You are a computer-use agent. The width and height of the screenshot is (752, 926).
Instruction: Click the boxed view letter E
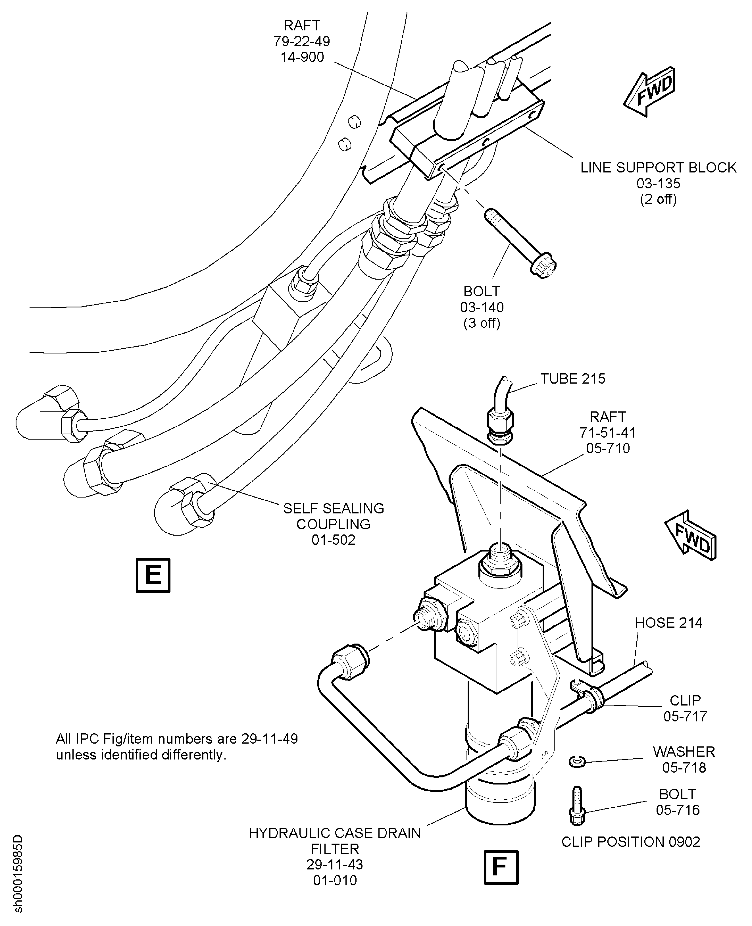click(x=153, y=575)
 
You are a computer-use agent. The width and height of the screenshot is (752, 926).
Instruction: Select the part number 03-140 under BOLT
click(x=482, y=307)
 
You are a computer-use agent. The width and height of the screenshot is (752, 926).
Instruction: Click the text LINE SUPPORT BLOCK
click(x=658, y=167)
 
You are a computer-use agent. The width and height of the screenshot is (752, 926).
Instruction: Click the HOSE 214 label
click(x=668, y=623)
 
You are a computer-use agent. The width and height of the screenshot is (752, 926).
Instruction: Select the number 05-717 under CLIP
click(x=685, y=716)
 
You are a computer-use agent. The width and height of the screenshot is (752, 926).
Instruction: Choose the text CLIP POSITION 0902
click(x=630, y=842)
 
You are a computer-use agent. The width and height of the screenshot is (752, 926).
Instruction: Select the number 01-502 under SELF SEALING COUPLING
click(x=334, y=540)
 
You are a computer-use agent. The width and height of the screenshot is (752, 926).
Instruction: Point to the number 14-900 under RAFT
click(x=302, y=57)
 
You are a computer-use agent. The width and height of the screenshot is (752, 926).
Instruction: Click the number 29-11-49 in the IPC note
click(x=269, y=738)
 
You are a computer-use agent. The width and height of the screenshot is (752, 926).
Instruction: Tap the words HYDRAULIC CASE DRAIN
click(x=334, y=833)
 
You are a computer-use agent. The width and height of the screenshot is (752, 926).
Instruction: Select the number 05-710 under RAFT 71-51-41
click(x=608, y=448)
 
